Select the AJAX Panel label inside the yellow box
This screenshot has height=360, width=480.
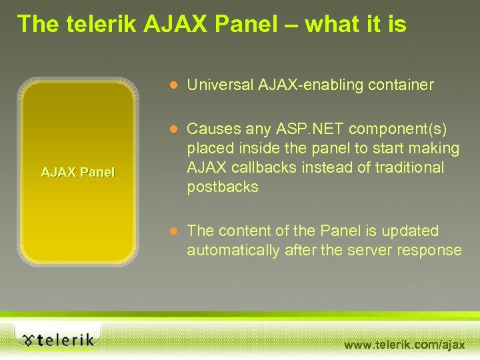pos(78,173)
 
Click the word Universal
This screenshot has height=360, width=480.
pos(221,85)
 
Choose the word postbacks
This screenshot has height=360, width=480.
pos(223,187)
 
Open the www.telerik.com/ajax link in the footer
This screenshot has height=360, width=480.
pos(404,345)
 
